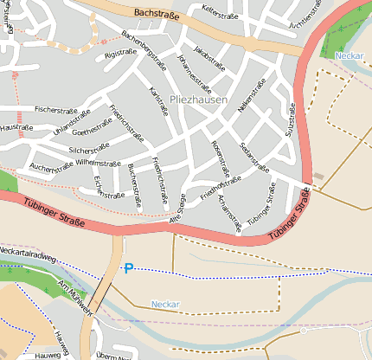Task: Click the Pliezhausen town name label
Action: point(199,100)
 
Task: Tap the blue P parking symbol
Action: point(129,269)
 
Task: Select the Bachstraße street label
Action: point(156,15)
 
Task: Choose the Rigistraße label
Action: point(120,54)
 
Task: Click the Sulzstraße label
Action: point(292,120)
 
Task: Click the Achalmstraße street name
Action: point(229,209)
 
